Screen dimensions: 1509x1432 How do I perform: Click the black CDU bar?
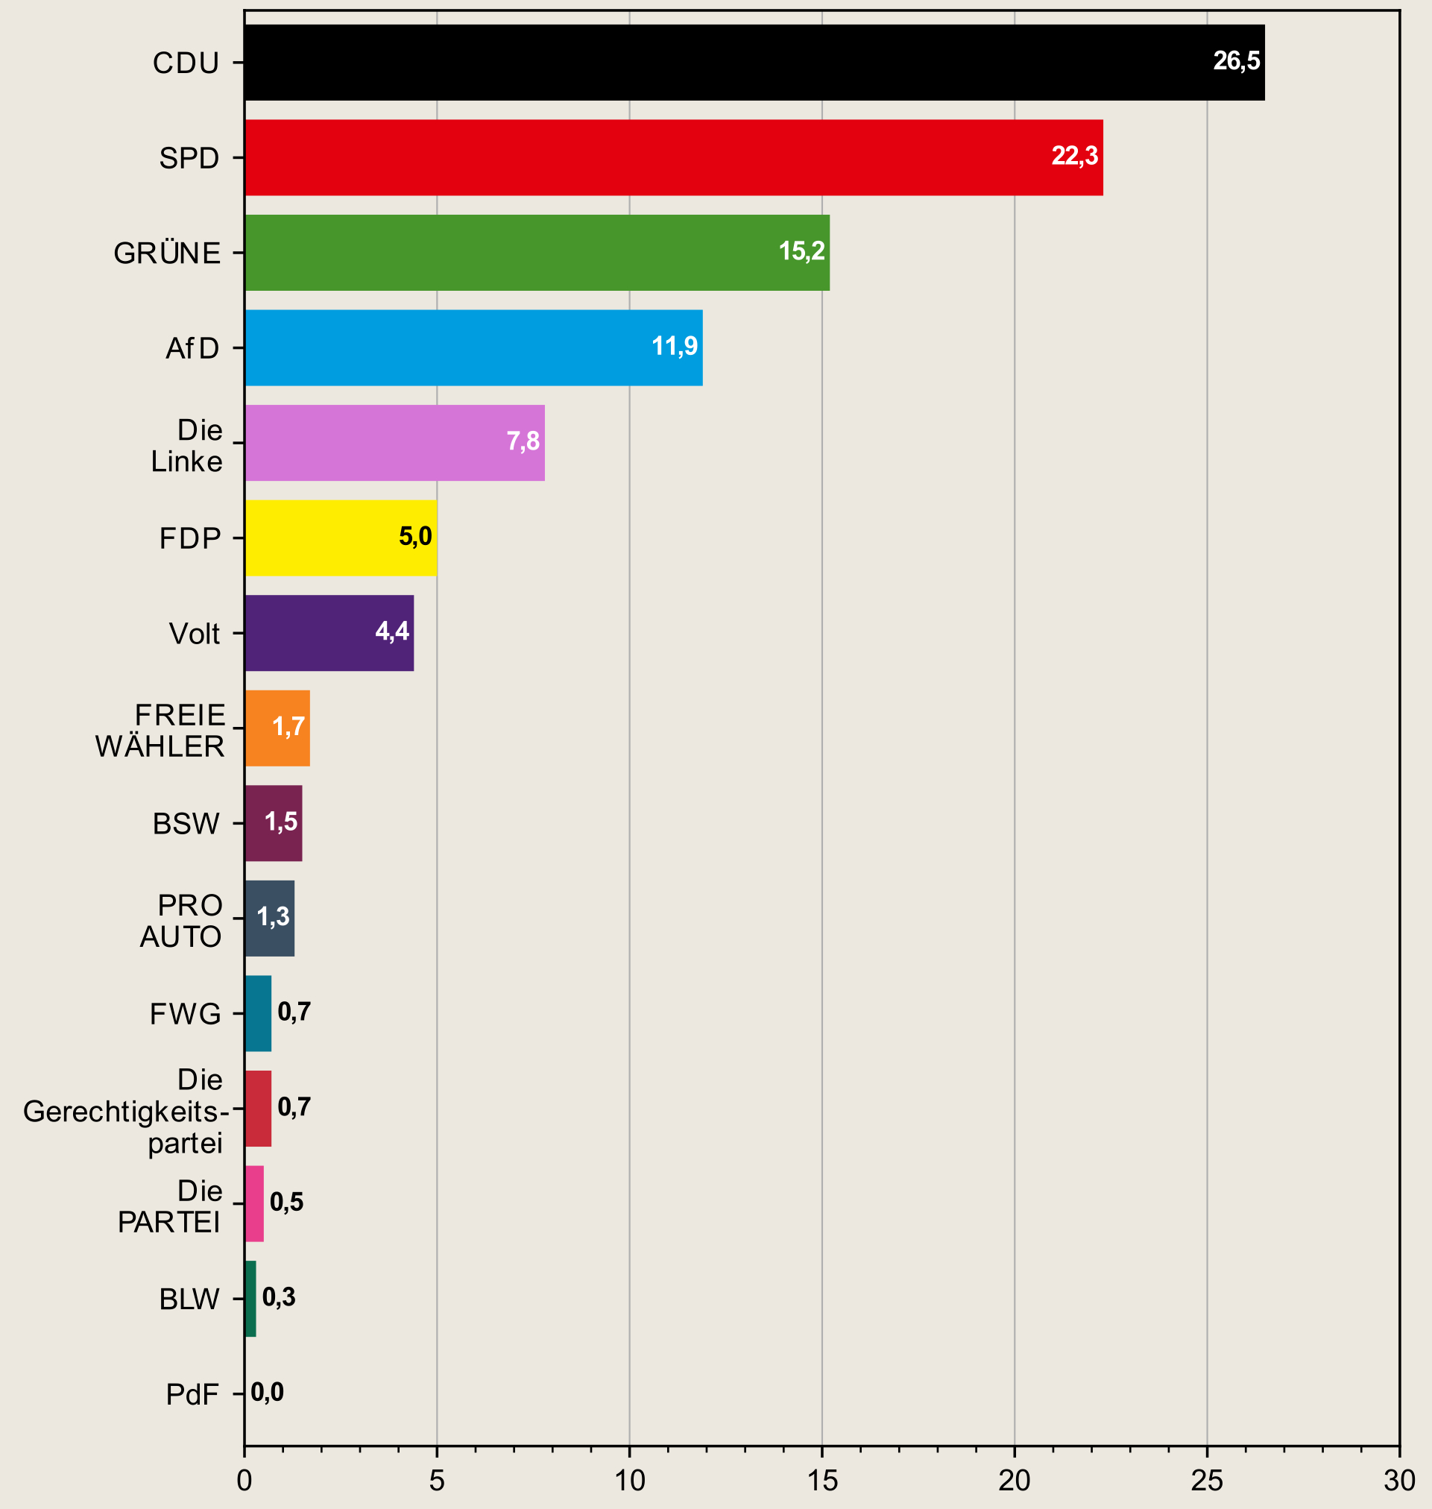point(754,63)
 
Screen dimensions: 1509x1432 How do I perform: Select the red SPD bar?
point(673,157)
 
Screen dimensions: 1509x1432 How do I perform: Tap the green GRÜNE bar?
point(537,253)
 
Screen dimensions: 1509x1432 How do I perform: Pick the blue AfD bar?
point(473,347)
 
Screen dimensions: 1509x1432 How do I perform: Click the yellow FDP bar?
point(341,538)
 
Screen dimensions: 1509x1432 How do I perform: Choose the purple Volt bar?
point(329,633)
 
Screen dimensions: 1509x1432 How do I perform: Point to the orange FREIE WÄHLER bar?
point(277,728)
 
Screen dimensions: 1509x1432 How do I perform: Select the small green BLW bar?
point(250,1299)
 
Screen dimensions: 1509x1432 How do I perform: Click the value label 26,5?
point(1237,61)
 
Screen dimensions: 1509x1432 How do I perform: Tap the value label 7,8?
point(523,441)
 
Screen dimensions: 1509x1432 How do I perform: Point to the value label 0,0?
point(267,1392)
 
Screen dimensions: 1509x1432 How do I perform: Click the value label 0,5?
point(286,1202)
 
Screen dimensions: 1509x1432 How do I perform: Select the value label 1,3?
point(274,917)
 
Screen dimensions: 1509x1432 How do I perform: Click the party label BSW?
point(186,825)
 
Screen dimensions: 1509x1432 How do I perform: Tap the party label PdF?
point(192,1395)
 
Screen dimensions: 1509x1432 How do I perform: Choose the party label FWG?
point(186,1015)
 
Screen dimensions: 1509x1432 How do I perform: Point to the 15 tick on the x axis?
point(822,1481)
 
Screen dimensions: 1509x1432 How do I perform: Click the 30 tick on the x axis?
point(1399,1481)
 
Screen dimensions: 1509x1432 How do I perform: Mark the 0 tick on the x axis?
point(245,1481)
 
